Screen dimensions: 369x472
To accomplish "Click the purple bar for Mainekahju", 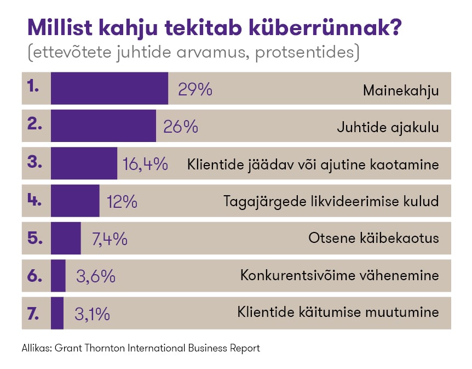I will (109, 88).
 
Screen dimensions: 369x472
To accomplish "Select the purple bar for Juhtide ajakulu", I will (103, 126).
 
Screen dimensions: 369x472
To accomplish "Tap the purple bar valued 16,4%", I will (84, 163).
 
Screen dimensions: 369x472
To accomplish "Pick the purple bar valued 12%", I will (75, 201).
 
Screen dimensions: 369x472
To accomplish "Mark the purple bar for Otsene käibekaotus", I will (66, 239).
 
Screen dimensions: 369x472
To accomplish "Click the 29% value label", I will (195, 89).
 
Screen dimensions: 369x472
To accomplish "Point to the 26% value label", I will (181, 127).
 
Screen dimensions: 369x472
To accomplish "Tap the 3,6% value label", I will (96, 276).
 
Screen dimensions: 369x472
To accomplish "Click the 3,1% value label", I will (92, 314).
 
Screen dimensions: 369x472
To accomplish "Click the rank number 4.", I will (34, 200).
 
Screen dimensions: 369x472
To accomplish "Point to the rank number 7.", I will (33, 313).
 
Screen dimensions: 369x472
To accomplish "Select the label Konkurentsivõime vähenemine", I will (339, 275).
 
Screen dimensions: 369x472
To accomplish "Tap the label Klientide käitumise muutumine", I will (338, 313).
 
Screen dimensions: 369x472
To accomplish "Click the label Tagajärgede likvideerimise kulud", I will (331, 201).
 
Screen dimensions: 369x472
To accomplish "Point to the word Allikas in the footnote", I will (36, 348).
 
